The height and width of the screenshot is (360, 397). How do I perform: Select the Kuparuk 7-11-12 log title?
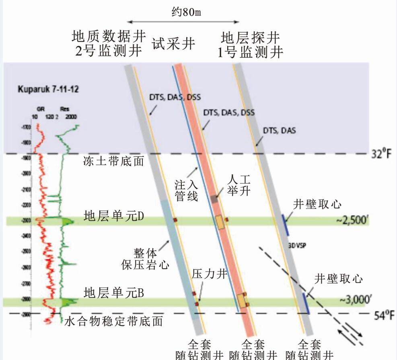click(48, 89)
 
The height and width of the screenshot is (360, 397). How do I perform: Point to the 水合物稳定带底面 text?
click(114, 321)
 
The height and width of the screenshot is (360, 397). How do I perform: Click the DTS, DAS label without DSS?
click(279, 130)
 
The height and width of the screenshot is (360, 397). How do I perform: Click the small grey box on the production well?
click(214, 199)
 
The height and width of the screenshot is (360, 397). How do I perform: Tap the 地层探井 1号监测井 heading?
click(250, 45)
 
